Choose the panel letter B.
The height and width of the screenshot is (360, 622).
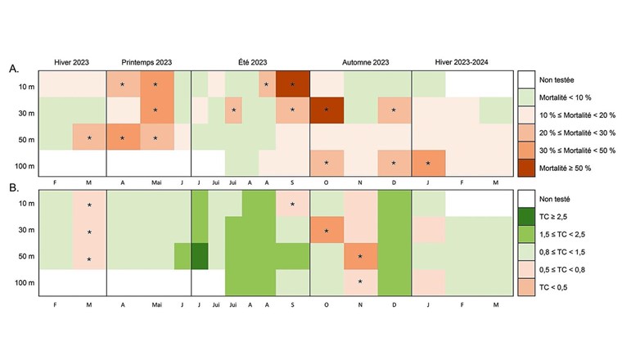[14, 187]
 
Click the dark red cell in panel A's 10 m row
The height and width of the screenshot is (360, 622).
[292, 84]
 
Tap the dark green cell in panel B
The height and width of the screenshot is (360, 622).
[198, 257]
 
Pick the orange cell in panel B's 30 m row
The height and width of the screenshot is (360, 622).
[326, 231]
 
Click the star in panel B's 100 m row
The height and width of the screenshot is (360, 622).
[359, 282]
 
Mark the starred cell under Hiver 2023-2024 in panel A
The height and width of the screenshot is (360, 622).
[427, 163]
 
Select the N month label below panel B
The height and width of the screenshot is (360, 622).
[359, 304]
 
